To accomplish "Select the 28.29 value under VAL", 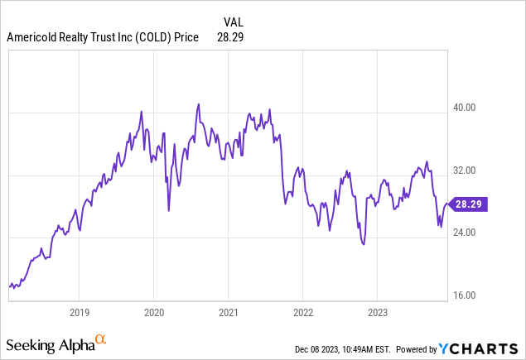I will (229, 36).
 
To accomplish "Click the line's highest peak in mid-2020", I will (199, 104).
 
